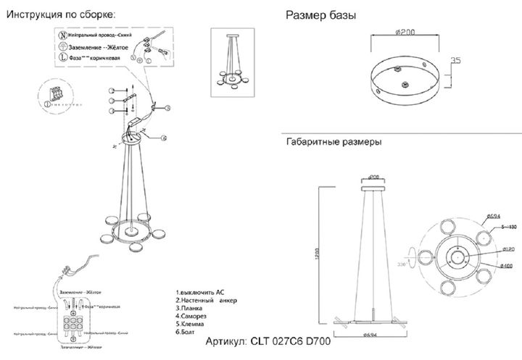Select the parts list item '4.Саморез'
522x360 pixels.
pos(192,316)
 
